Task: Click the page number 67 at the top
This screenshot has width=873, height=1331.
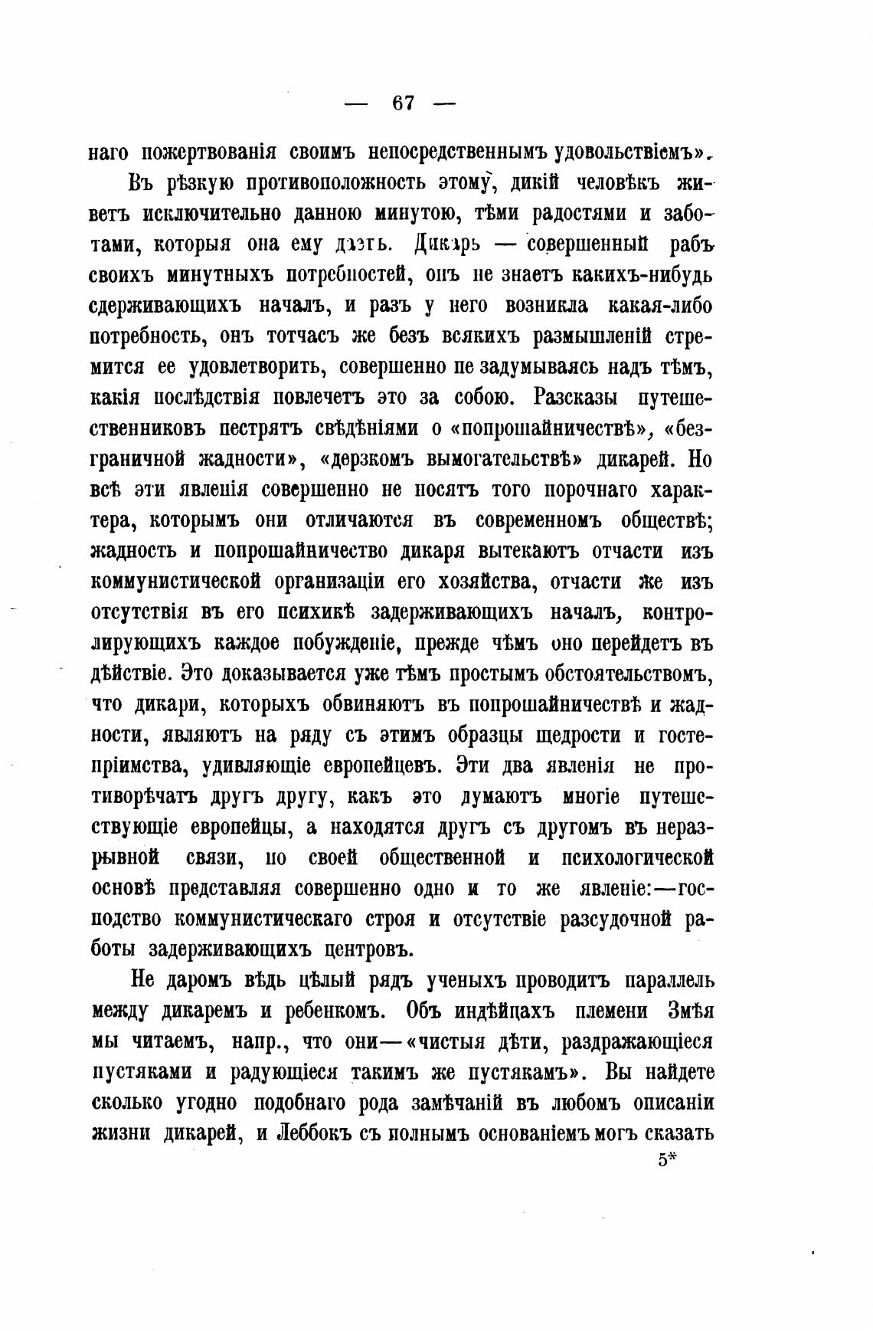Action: pyautogui.click(x=402, y=103)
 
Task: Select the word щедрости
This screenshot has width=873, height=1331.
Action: pyautogui.click(x=573, y=735)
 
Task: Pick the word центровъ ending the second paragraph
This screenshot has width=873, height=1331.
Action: pyautogui.click(x=381, y=949)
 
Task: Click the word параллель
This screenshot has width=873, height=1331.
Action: pyautogui.click(x=659, y=980)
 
